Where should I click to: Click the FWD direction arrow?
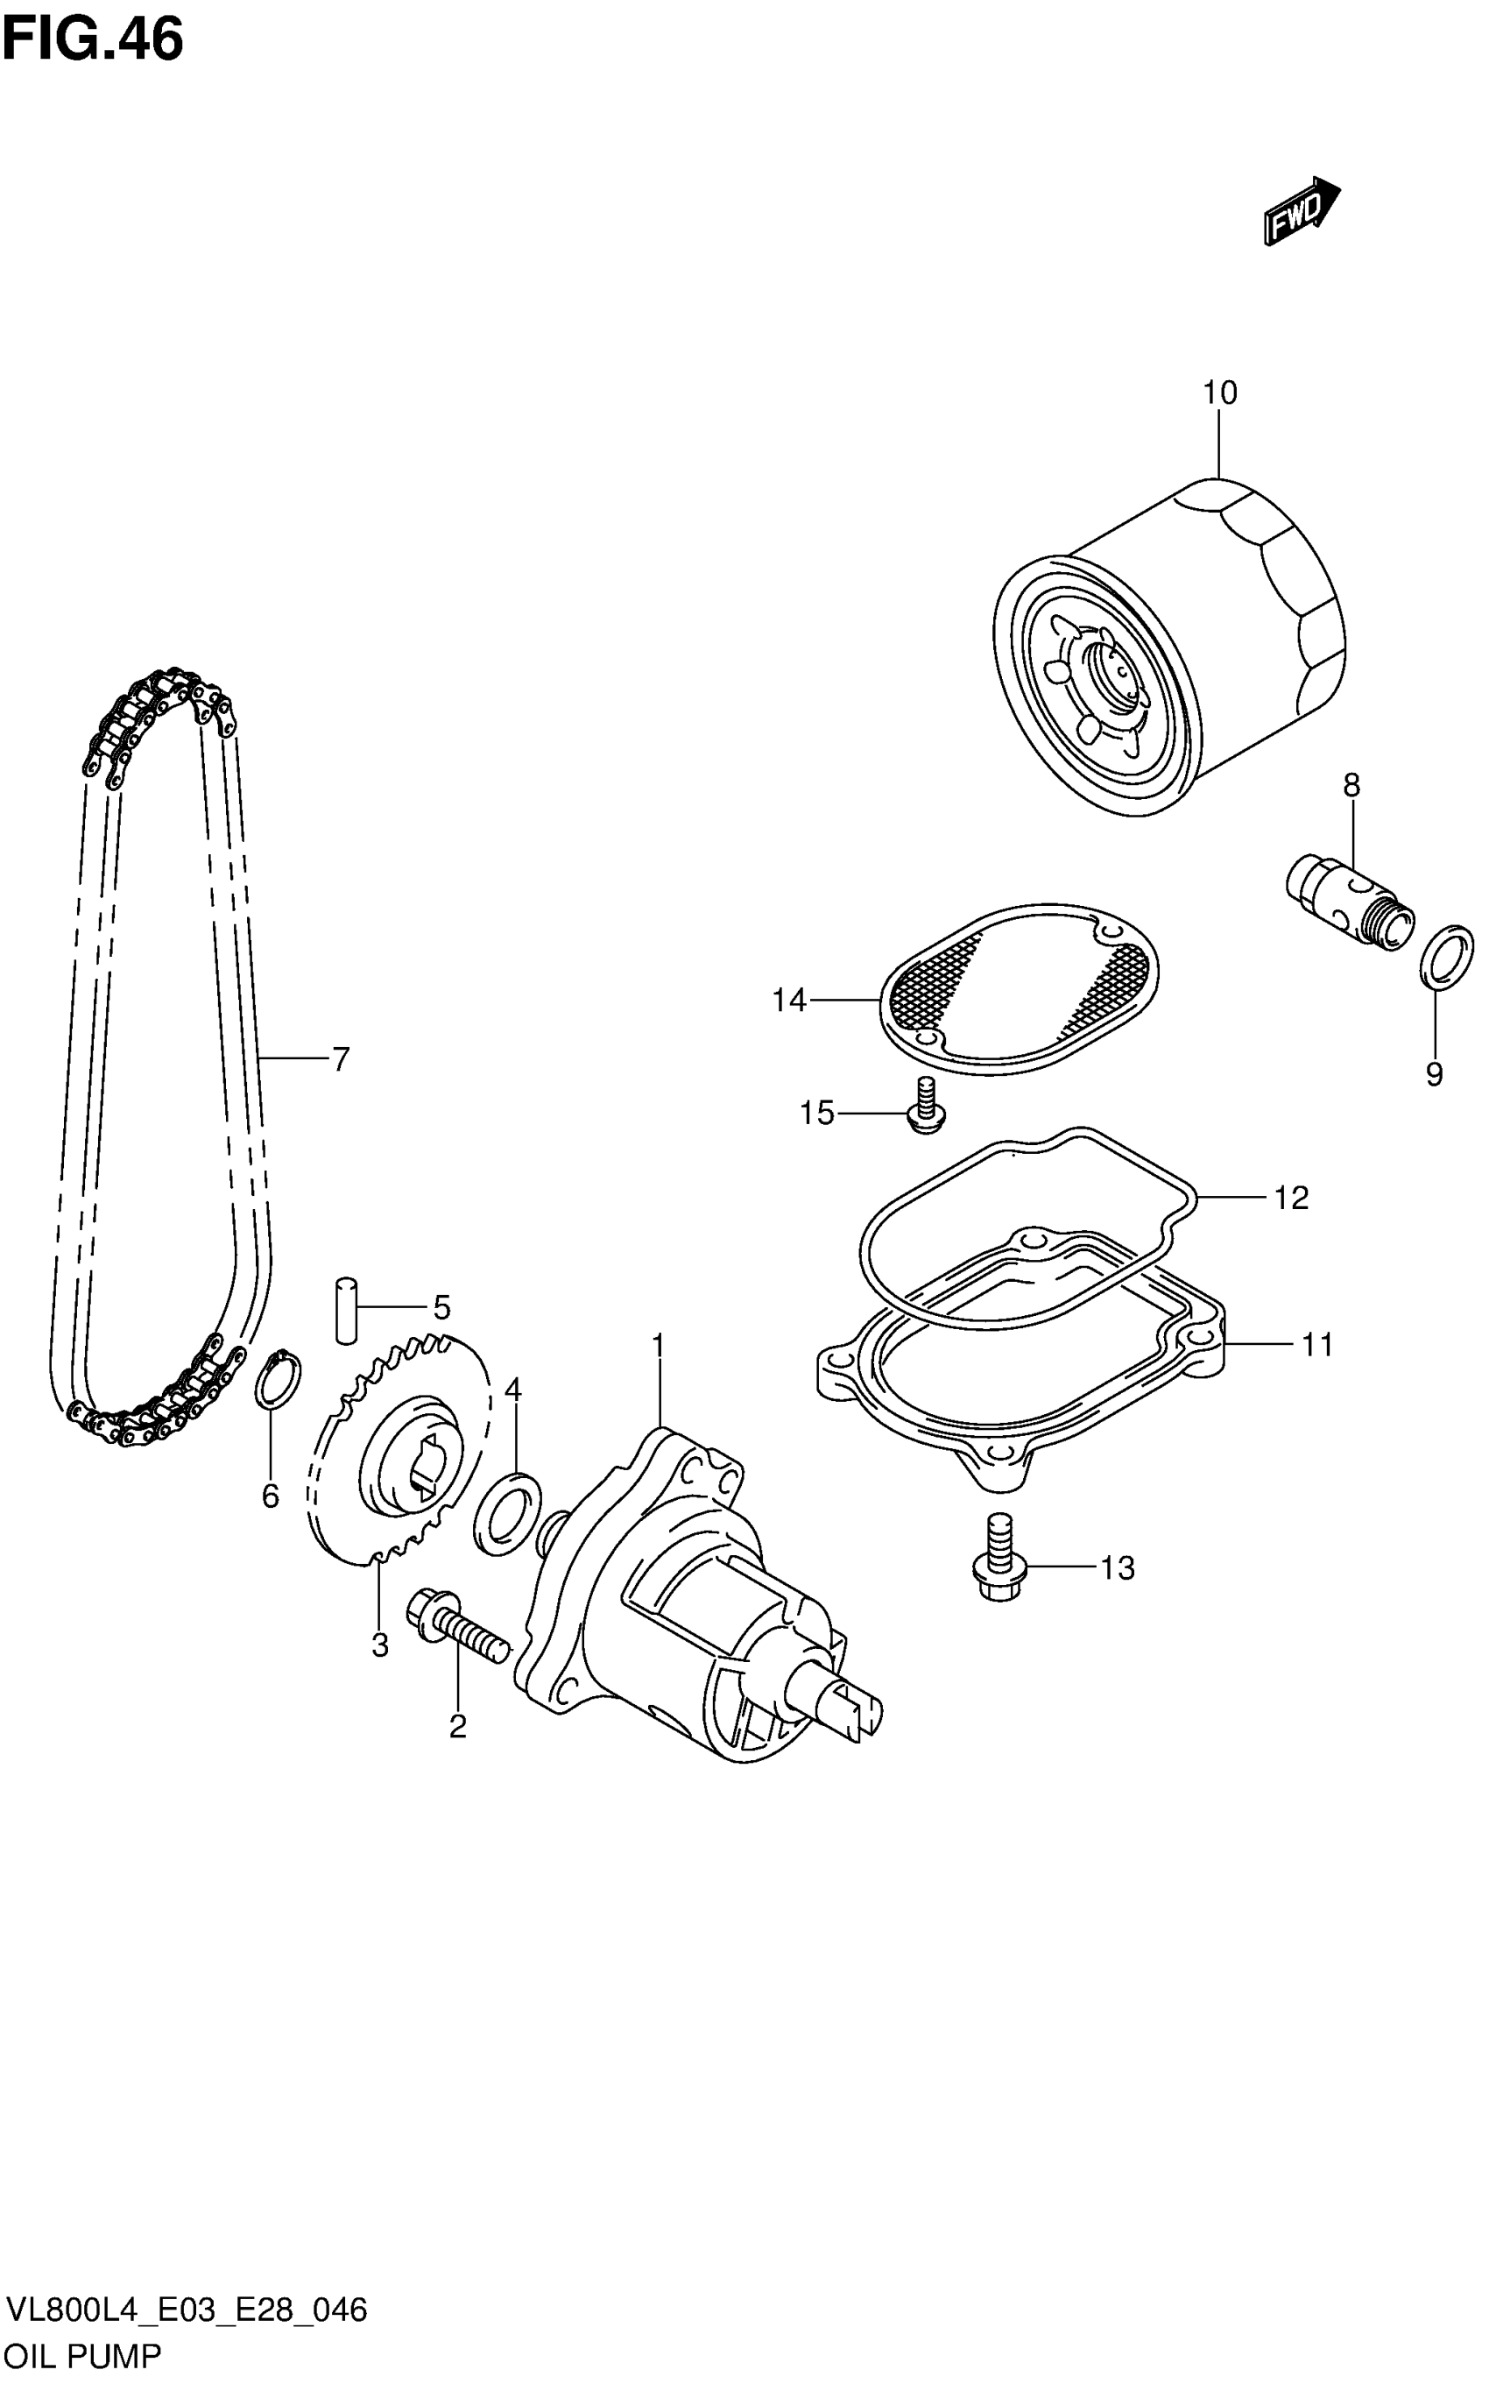coord(1301,211)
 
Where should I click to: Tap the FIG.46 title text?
coord(93,39)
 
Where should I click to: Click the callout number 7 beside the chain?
coord(340,1059)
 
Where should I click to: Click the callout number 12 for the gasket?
coord(1291,1198)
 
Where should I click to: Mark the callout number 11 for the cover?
coord(1316,1345)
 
